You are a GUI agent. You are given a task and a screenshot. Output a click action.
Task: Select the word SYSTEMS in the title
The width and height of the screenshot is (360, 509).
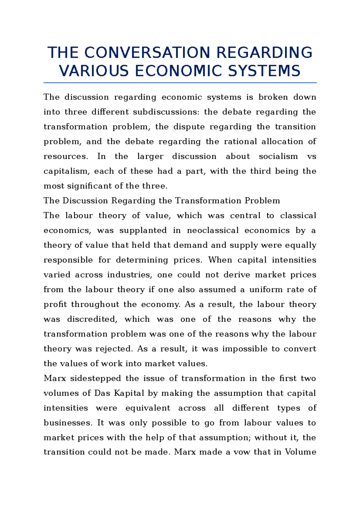pos(264,71)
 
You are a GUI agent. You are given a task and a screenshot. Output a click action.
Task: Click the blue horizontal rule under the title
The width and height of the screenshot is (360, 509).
pos(180,82)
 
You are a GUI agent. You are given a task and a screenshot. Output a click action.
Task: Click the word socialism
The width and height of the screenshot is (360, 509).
pos(278,156)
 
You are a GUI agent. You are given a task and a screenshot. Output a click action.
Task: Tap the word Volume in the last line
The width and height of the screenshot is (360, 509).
pos(300,452)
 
